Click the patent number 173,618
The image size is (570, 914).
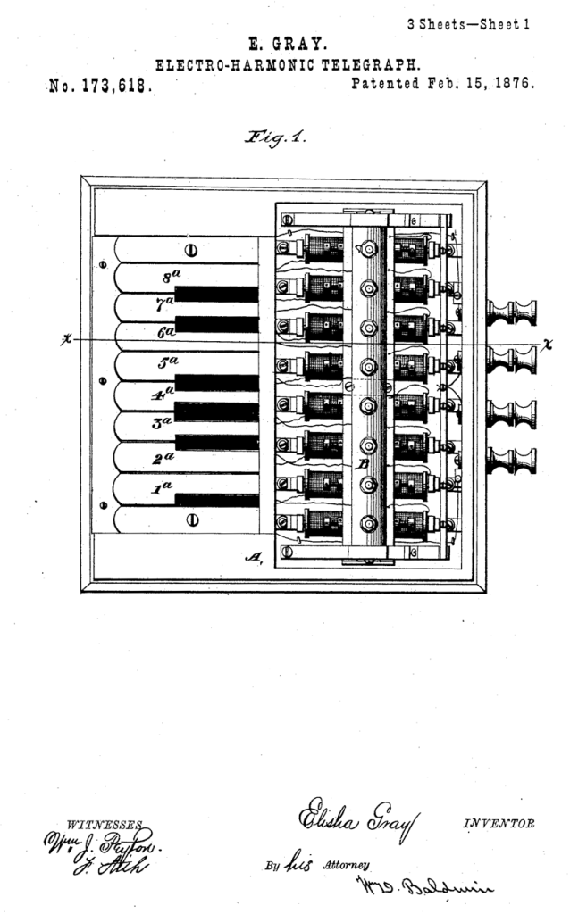pyautogui.click(x=116, y=87)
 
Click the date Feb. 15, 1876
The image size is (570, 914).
pyautogui.click(x=478, y=84)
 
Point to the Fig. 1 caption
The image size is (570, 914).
pyautogui.click(x=280, y=137)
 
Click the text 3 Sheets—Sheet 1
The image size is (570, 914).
pyautogui.click(x=468, y=24)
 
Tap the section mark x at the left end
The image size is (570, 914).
pyautogui.click(x=65, y=340)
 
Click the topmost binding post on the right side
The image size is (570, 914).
pyautogui.click(x=512, y=313)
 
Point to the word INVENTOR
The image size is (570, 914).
pyautogui.click(x=499, y=822)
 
